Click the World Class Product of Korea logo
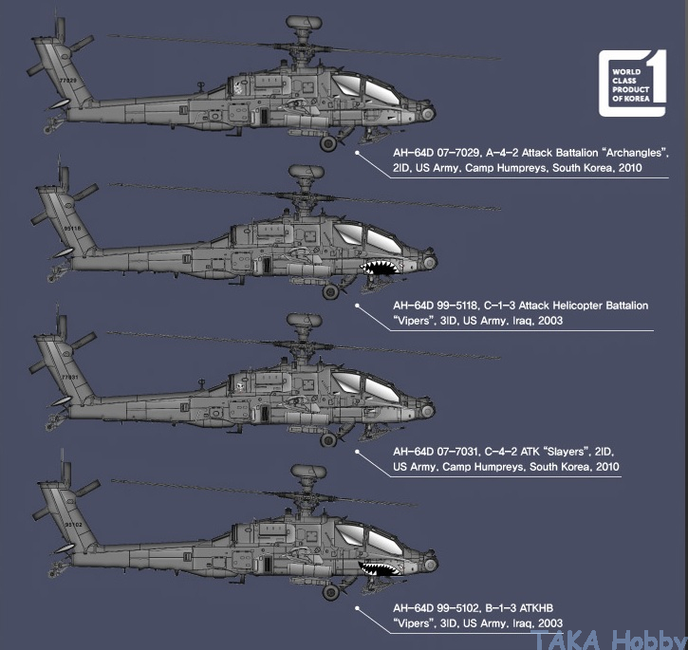(632, 84)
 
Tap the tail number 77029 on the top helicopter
(68, 81)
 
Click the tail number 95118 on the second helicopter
(72, 229)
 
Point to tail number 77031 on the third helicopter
(70, 377)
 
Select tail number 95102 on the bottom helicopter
(73, 525)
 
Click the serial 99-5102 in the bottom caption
(459, 608)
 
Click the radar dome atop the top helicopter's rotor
(304, 22)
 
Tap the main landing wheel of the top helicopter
(328, 143)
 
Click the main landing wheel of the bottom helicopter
(331, 592)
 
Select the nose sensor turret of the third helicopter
(427, 411)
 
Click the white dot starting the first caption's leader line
(357, 153)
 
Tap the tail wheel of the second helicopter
(52, 276)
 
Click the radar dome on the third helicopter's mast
(304, 320)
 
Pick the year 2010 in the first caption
(630, 168)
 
